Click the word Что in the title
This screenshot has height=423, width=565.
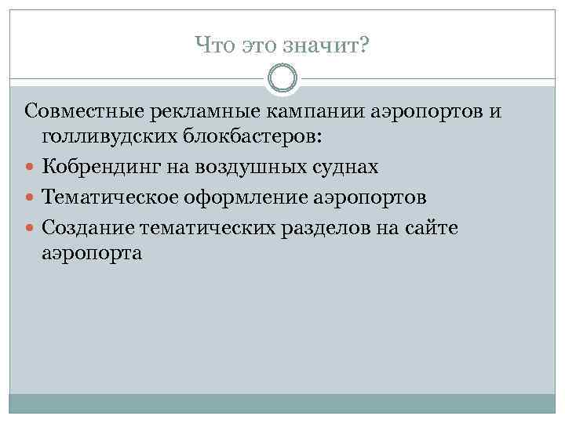212,48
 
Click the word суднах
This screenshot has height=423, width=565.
351,166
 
